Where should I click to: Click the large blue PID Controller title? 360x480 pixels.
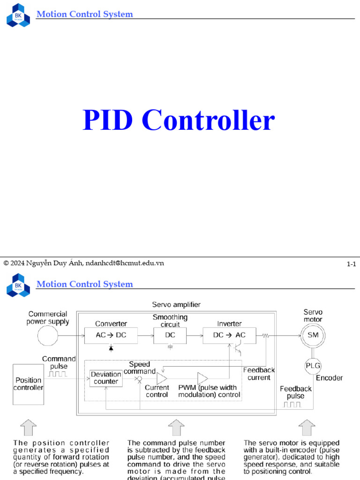click(179, 120)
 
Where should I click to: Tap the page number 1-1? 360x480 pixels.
click(351, 264)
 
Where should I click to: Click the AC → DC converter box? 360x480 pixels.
click(111, 335)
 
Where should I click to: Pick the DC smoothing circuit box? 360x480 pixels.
click(170, 335)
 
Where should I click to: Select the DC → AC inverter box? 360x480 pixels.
click(229, 335)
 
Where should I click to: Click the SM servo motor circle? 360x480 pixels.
click(313, 335)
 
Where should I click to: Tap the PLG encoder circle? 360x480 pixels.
click(313, 366)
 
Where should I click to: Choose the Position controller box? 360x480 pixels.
click(28, 384)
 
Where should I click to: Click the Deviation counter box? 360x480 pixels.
click(106, 378)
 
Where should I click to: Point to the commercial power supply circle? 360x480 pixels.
click(48, 336)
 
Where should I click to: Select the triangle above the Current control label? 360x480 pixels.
click(162, 378)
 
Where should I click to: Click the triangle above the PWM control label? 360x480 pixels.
click(202, 378)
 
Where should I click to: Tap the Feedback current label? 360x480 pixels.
click(259, 374)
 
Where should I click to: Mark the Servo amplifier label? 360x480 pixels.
click(176, 305)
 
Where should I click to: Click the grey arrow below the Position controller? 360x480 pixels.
click(28, 427)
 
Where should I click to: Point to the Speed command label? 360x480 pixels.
click(140, 368)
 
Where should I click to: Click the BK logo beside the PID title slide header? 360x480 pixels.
click(18, 15)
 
